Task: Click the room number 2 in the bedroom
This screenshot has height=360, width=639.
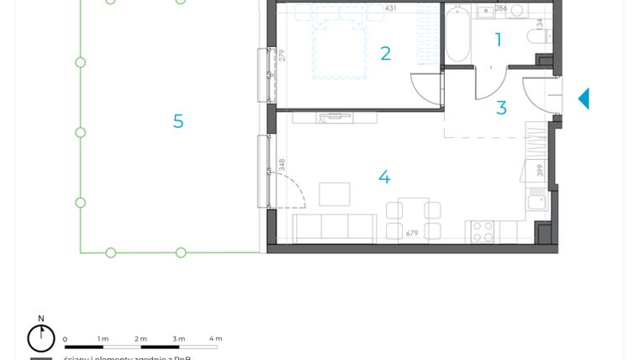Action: [385, 54]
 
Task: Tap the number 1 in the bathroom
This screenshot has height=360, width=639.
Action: [499, 40]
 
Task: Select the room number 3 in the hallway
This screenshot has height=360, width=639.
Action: [501, 109]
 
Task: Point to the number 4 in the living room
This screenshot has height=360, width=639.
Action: [384, 177]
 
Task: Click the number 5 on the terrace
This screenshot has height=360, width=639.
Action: [178, 121]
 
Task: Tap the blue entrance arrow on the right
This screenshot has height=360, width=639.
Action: [584, 99]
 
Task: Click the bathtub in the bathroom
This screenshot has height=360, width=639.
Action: [457, 34]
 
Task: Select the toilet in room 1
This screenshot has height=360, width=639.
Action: [536, 35]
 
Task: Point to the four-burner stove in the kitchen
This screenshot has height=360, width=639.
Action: [483, 231]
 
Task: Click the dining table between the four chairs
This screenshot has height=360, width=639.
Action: [413, 220]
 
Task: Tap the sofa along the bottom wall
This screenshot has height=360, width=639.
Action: [334, 228]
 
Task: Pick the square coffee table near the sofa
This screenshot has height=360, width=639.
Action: [335, 194]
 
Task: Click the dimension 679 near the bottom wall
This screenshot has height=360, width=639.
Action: [412, 234]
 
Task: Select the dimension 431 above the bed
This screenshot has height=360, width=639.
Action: [390, 8]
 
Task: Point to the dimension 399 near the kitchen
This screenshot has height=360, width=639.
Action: [540, 171]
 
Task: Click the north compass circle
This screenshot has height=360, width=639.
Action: [41, 338]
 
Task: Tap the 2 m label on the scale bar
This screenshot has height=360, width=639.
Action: [140, 339]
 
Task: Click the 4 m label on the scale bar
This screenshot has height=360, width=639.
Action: [215, 339]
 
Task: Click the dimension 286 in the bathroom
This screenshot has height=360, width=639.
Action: [500, 8]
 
